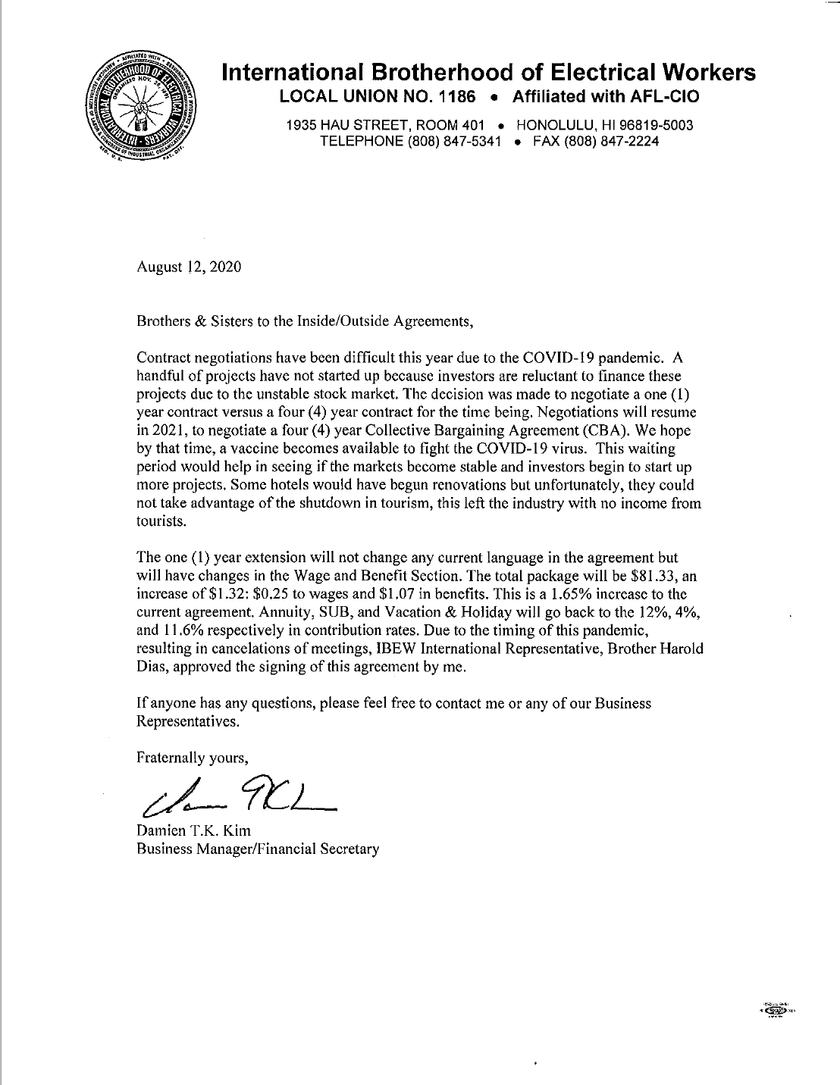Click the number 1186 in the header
tap(451, 97)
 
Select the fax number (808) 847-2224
tap(613, 141)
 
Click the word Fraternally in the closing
tap(169, 757)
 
